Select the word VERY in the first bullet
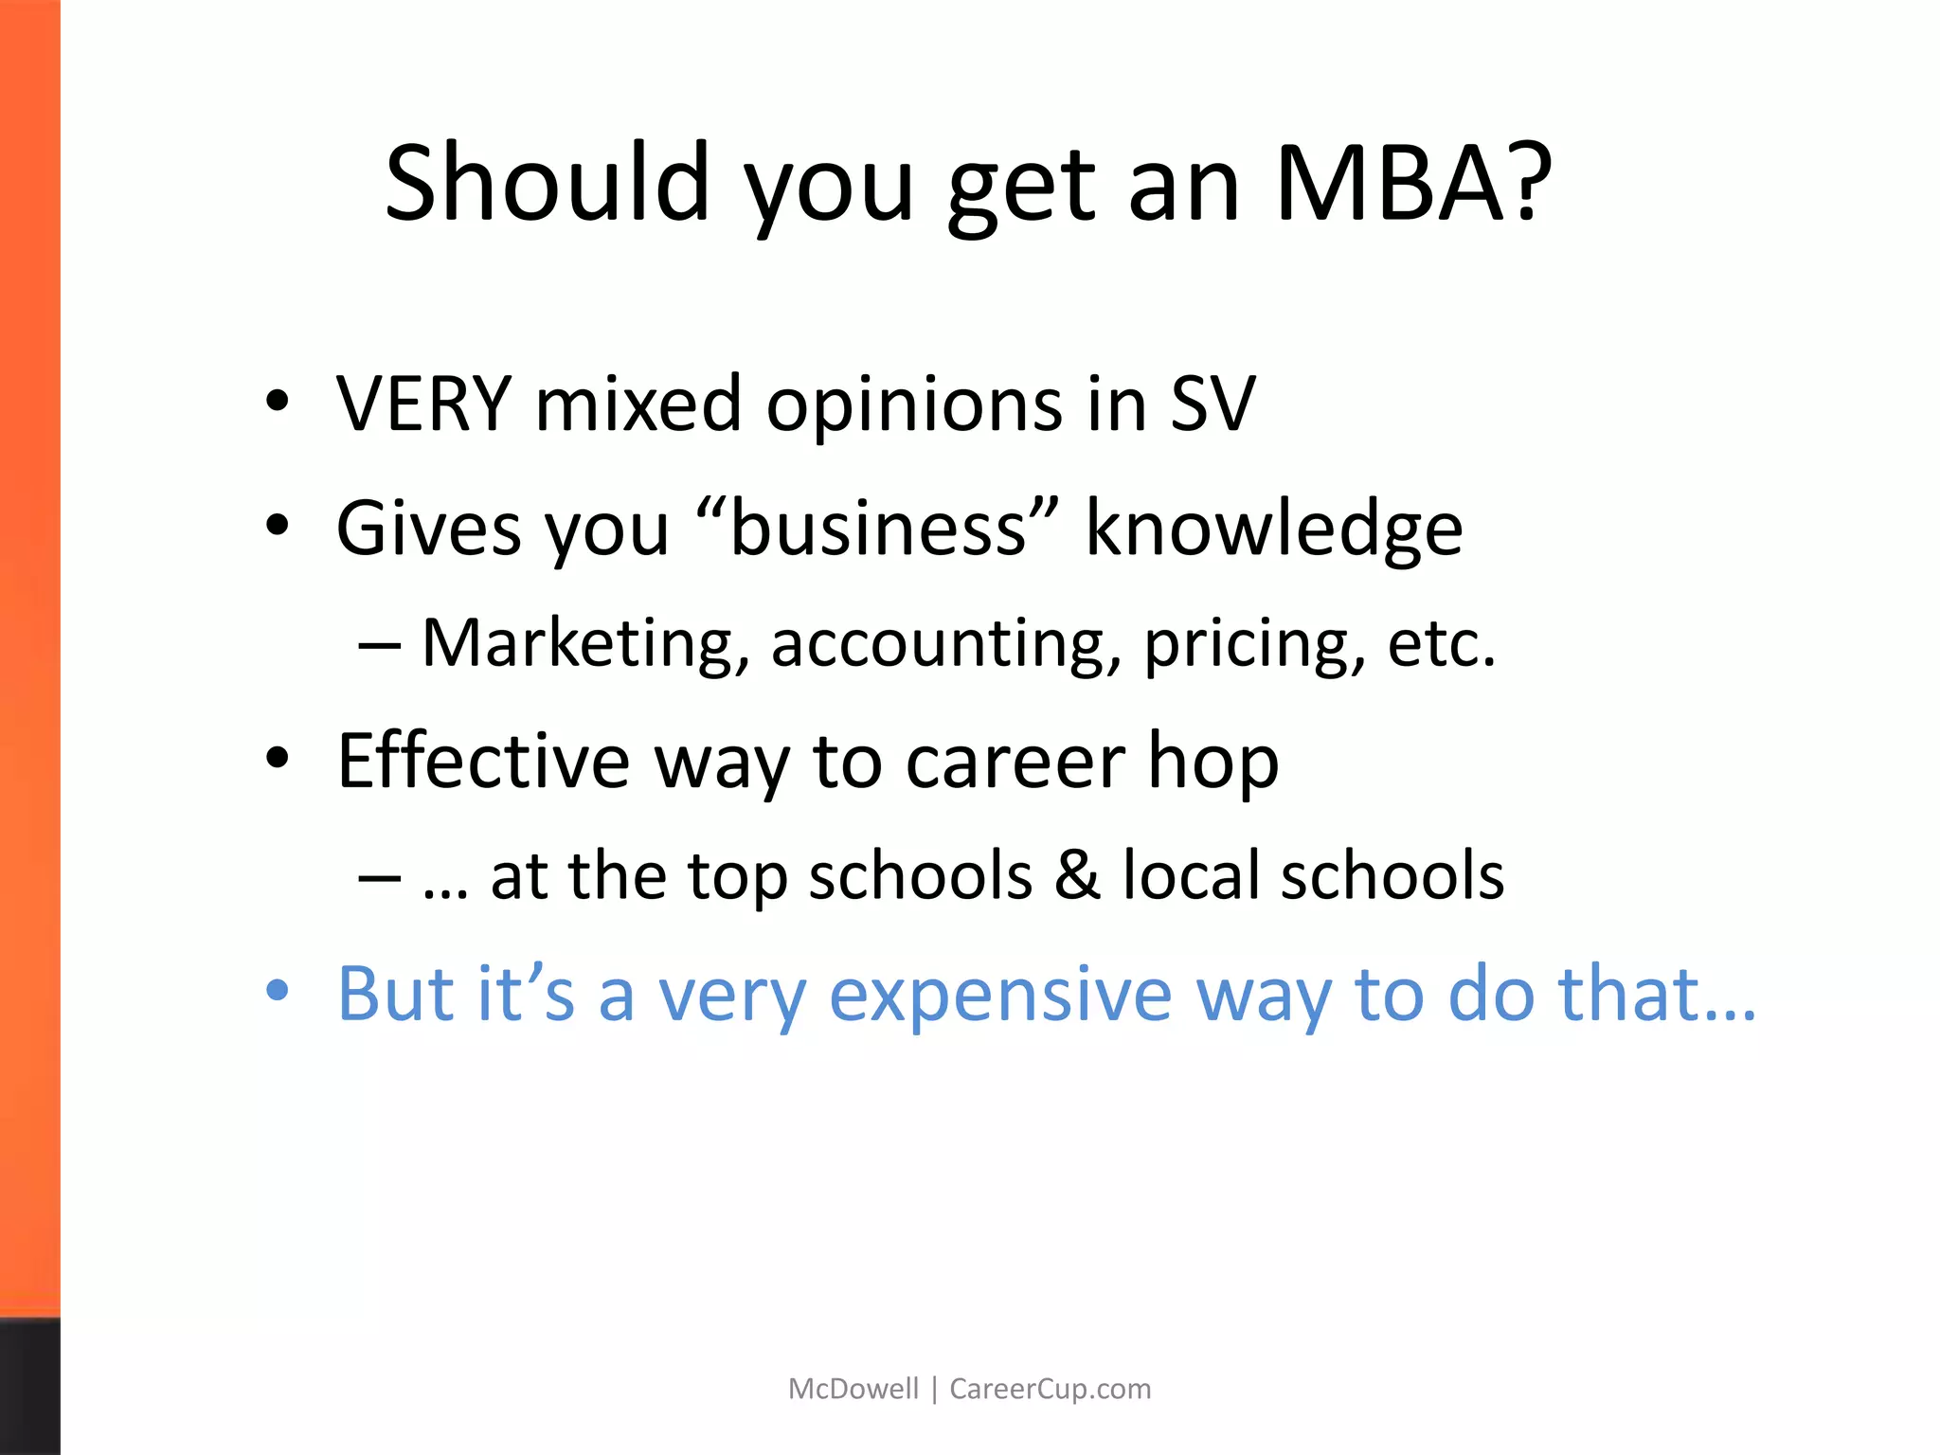[x=423, y=404]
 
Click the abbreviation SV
[x=1213, y=404]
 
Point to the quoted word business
[x=877, y=528]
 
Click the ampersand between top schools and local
[x=1077, y=875]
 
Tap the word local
[x=1191, y=875]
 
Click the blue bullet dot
[x=277, y=991]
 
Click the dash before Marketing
[x=380, y=646]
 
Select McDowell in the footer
[x=853, y=1389]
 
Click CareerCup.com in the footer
[x=1050, y=1389]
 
